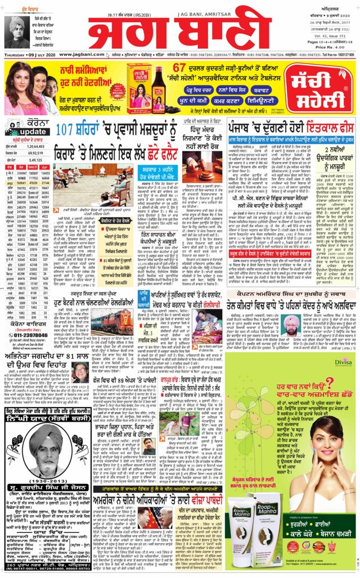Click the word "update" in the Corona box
pos(20,132)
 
